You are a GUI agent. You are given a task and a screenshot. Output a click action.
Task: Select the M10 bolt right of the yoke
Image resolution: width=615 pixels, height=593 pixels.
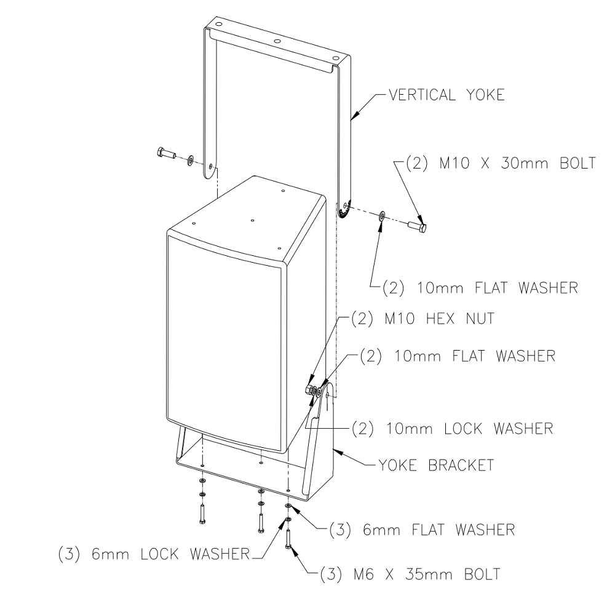click(419, 226)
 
